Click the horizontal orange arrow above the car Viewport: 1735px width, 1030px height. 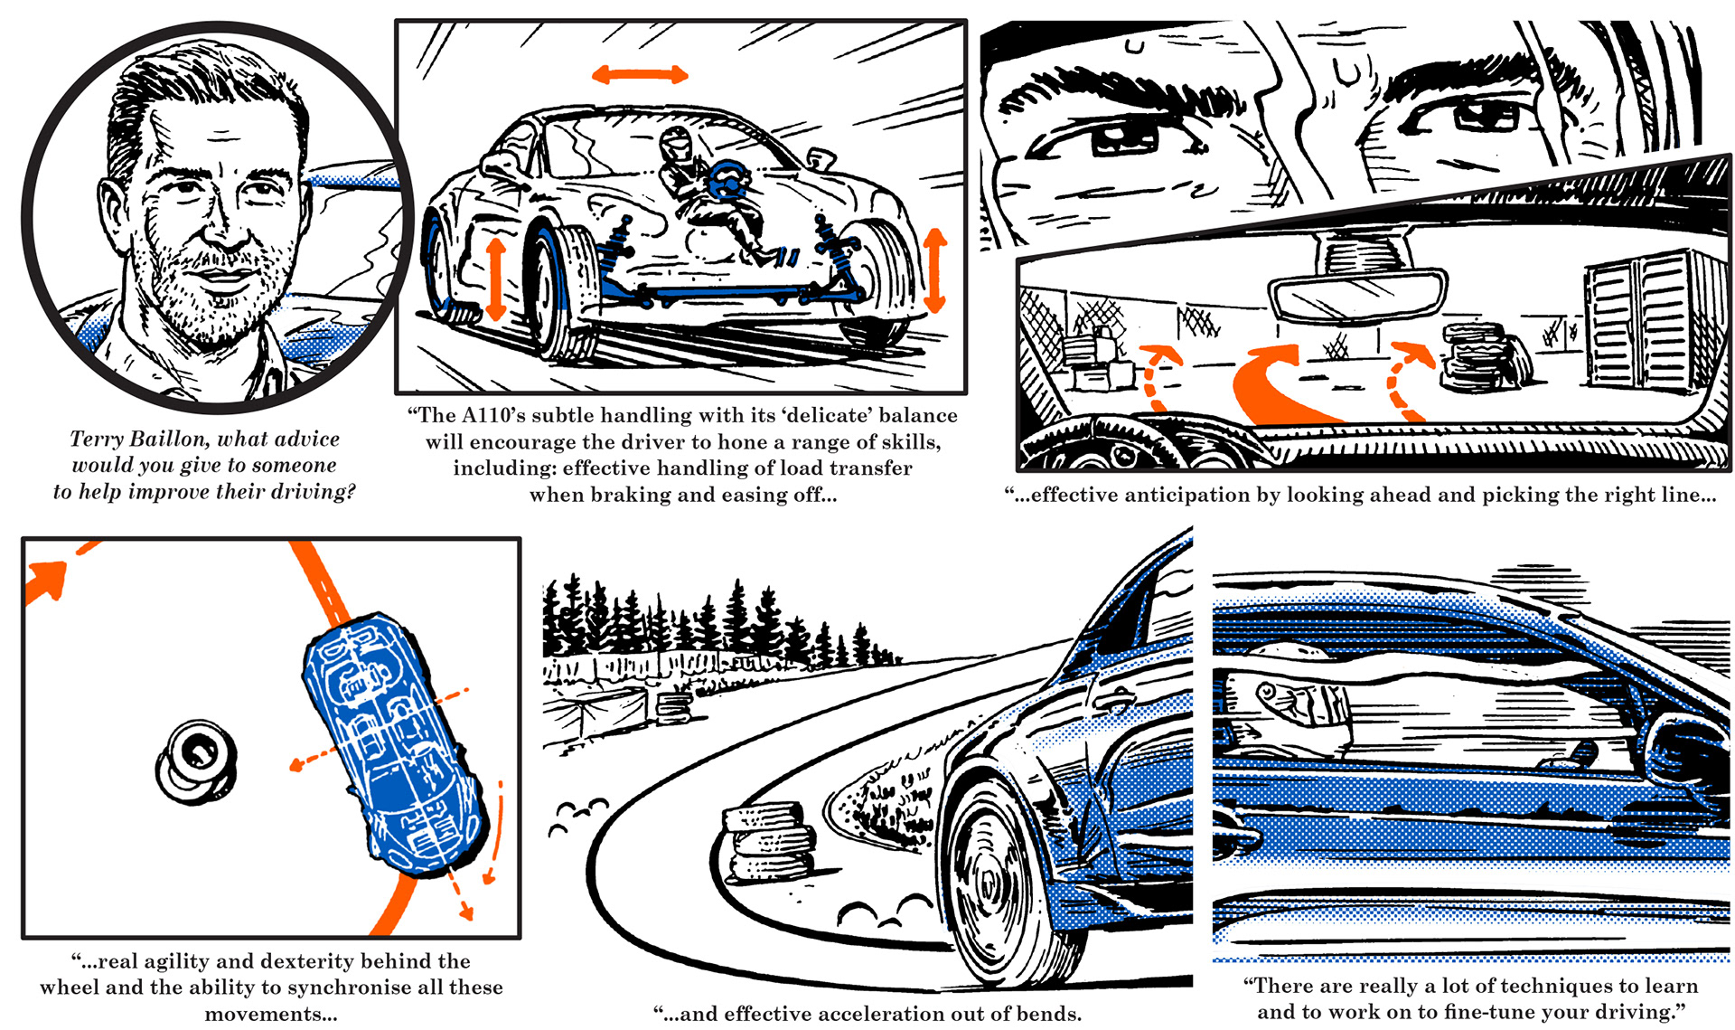(x=640, y=75)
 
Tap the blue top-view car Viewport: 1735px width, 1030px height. (x=393, y=742)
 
